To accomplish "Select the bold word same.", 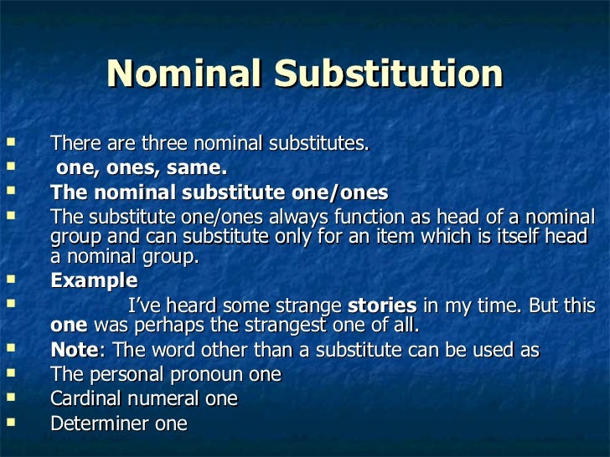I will (x=199, y=168).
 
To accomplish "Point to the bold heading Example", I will (x=94, y=280).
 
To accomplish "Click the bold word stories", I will (x=381, y=305).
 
